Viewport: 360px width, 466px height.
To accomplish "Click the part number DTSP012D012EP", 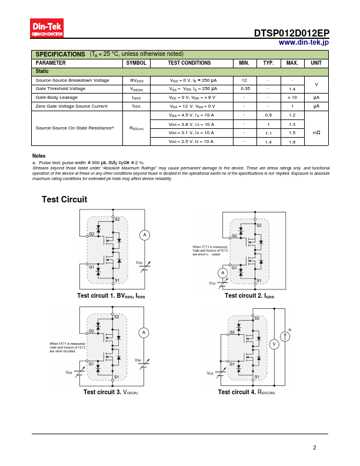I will coord(292,34).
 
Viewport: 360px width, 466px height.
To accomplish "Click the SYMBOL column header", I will coord(136,62).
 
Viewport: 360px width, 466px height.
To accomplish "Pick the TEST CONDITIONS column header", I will coord(189,62).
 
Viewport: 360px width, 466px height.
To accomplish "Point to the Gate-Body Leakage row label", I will coord(56,97).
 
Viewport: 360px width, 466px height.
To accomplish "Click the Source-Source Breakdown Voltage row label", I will coord(72,80).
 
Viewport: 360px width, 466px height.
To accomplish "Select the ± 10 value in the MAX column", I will coord(292,97).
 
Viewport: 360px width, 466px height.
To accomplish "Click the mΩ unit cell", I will coord(316,132).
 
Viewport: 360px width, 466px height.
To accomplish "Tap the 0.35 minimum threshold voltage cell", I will coord(245,88).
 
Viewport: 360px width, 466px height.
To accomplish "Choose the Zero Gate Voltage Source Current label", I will coord(72,106).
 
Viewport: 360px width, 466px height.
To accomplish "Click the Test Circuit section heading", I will coord(64,199).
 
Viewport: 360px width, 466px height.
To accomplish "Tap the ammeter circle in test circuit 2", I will coord(222,272).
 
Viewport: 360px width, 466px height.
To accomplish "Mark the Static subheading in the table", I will coord(42,71).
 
